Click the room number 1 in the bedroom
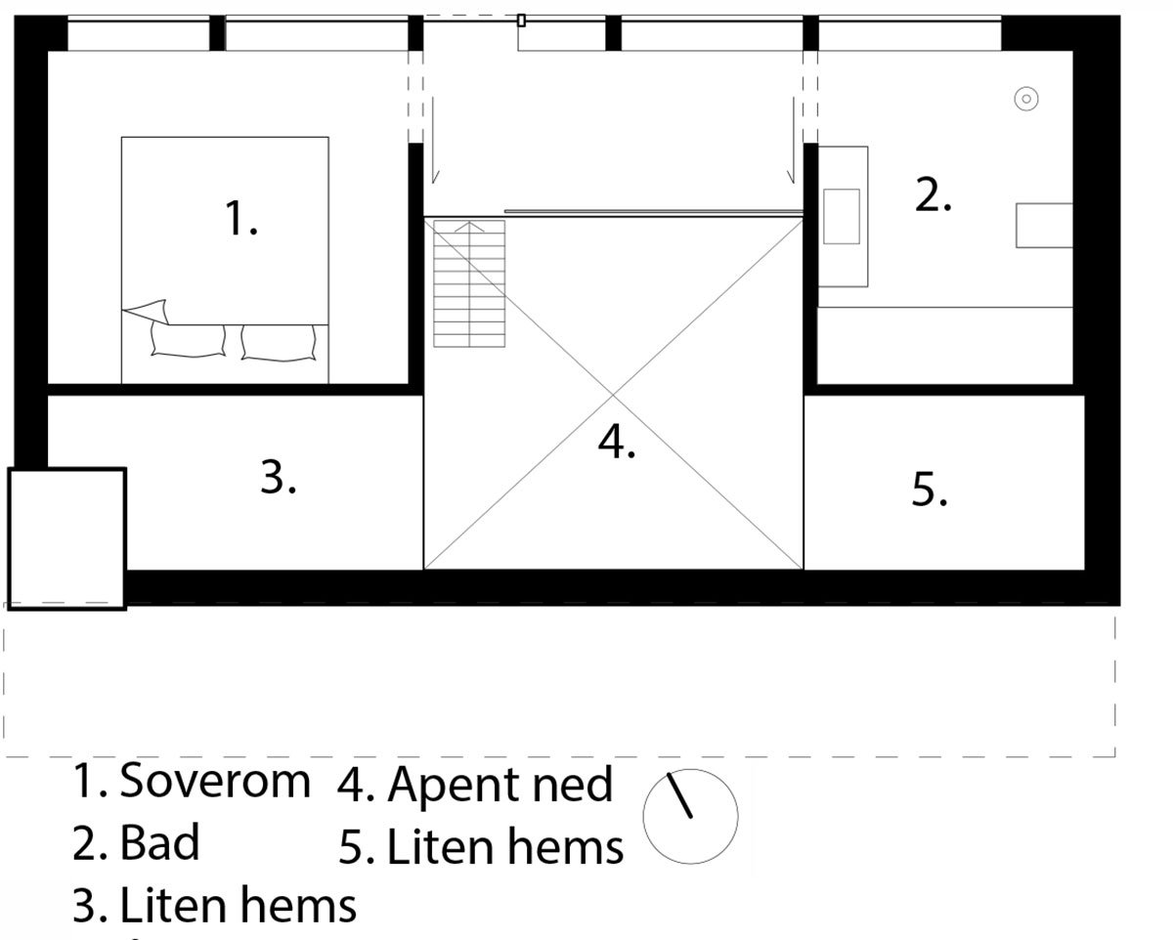(x=240, y=219)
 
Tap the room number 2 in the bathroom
(x=934, y=195)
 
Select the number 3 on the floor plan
(x=279, y=478)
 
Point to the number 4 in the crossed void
(x=617, y=441)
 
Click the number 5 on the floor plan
(x=930, y=489)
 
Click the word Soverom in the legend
(x=215, y=781)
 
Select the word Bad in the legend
(x=159, y=842)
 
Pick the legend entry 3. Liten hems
(x=214, y=906)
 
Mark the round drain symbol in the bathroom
(x=1026, y=99)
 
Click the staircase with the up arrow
(x=469, y=283)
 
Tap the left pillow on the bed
(x=188, y=341)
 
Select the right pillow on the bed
(x=279, y=342)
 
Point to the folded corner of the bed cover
(x=146, y=312)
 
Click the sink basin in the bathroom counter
(x=842, y=216)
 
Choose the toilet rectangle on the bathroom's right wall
(x=1044, y=225)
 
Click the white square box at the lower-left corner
(x=67, y=538)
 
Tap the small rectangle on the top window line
(x=521, y=21)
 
